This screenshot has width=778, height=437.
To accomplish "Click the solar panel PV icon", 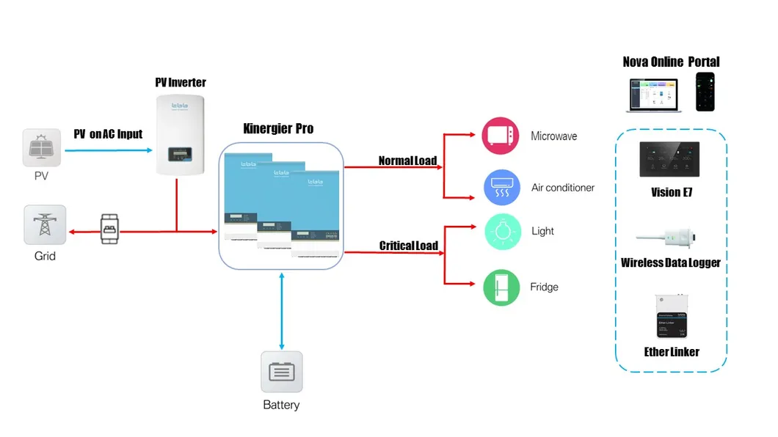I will click(x=43, y=149).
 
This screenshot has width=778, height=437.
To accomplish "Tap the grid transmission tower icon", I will click(x=45, y=224).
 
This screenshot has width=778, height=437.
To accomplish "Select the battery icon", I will click(x=282, y=372).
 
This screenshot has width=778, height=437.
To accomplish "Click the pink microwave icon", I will click(x=501, y=136).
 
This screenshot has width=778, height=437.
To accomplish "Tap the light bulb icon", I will click(x=501, y=231).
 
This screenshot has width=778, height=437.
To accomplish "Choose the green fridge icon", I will click(x=501, y=287).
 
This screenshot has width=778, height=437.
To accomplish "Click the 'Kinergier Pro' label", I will click(x=278, y=128).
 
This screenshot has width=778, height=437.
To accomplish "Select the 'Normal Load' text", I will click(x=407, y=161).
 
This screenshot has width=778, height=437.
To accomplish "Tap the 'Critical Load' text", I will click(x=408, y=246).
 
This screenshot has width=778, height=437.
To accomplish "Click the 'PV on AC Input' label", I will click(x=108, y=134).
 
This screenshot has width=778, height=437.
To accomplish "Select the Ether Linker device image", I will click(x=671, y=316).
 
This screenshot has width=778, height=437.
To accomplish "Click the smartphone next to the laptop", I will click(x=705, y=91).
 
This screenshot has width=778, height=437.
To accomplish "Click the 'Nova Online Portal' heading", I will click(x=671, y=62).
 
